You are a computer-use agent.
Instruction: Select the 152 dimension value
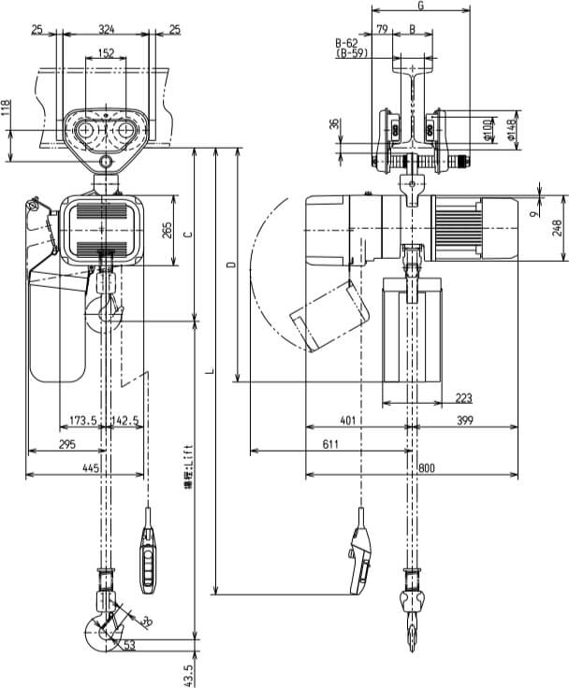(x=106, y=53)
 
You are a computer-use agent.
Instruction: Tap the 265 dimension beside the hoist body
(x=168, y=230)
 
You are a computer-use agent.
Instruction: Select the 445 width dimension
(x=91, y=466)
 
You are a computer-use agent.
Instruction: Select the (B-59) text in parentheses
(x=351, y=55)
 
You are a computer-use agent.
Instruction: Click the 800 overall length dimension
(x=427, y=466)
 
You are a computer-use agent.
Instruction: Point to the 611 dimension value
(x=330, y=445)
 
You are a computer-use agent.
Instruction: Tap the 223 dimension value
(x=463, y=398)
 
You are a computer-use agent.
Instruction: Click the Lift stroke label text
(x=188, y=465)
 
